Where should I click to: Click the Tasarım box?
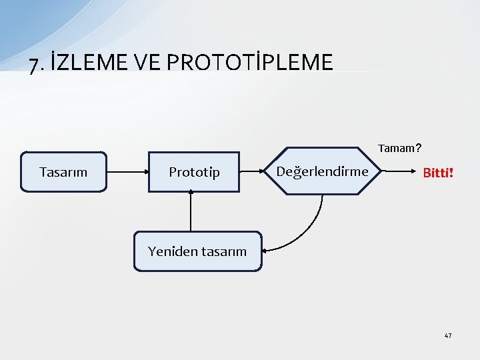click(x=63, y=172)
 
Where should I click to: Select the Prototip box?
click(x=193, y=172)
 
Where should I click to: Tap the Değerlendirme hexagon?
click(x=322, y=171)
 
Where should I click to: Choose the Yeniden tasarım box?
click(x=197, y=251)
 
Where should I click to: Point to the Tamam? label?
click(x=399, y=147)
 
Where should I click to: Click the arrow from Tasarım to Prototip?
click(x=127, y=172)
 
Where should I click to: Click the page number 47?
click(x=448, y=335)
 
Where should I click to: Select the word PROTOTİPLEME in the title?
click(x=249, y=63)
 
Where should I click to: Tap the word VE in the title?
click(x=149, y=63)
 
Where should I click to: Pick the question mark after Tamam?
click(x=418, y=147)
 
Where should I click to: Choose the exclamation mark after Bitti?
click(x=451, y=173)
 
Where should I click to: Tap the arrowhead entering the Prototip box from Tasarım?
click(x=143, y=172)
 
